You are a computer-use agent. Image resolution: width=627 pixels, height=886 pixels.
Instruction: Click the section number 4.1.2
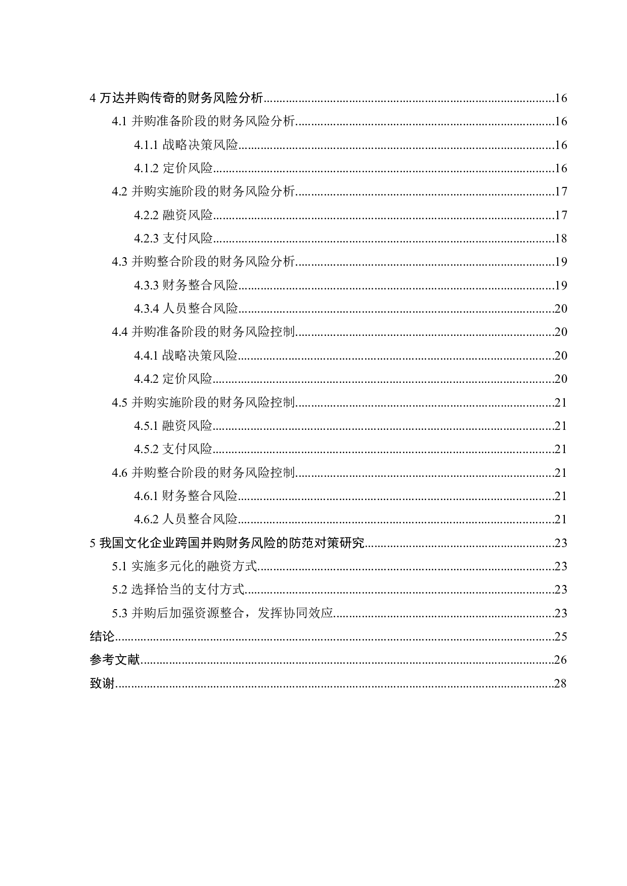pyautogui.click(x=147, y=168)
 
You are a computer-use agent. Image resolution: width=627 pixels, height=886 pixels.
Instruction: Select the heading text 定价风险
pyautogui.click(x=188, y=168)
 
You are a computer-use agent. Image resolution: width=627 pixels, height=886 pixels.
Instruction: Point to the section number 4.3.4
pyautogui.click(x=147, y=309)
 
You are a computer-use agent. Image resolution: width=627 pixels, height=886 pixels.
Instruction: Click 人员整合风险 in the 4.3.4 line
pyautogui.click(x=200, y=309)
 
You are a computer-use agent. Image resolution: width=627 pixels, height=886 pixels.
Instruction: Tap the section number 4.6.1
pyautogui.click(x=147, y=496)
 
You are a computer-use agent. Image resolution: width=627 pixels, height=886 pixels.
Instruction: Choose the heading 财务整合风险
pyautogui.click(x=200, y=496)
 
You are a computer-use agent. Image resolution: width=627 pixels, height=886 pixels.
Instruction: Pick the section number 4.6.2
pyautogui.click(x=147, y=519)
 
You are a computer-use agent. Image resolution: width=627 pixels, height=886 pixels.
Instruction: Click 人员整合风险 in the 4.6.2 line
pyautogui.click(x=200, y=519)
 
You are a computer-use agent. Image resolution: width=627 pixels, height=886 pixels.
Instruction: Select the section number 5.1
pyautogui.click(x=120, y=566)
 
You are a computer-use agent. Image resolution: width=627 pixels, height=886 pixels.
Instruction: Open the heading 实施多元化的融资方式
pyautogui.click(x=194, y=566)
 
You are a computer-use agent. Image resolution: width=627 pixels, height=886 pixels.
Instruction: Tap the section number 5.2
pyautogui.click(x=120, y=589)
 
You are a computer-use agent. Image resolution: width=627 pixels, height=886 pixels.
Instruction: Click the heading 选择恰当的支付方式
pyautogui.click(x=188, y=589)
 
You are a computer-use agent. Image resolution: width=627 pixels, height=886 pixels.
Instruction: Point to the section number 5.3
pyautogui.click(x=120, y=613)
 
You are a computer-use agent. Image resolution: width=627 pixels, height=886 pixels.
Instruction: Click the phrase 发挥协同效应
pyautogui.click(x=295, y=613)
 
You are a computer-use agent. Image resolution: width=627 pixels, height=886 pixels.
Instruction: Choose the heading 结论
pyautogui.click(x=102, y=636)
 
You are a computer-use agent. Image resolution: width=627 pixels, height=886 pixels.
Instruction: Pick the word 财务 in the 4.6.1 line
pyautogui.click(x=174, y=496)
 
